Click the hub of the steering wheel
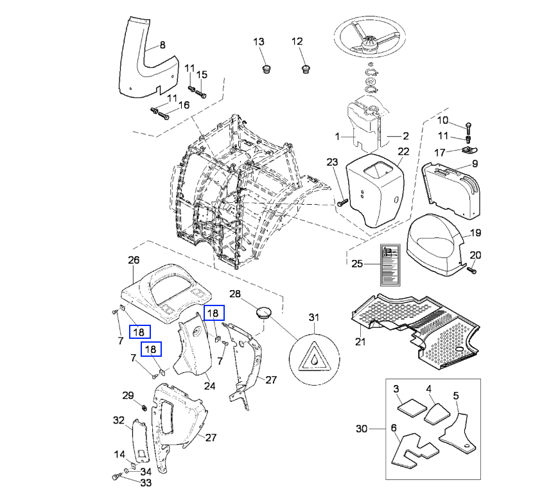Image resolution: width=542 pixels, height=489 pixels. (370, 44)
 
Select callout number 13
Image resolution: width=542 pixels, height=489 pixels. (259, 42)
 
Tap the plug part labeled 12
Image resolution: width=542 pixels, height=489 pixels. (305, 69)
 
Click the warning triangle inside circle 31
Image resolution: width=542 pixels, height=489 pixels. (314, 357)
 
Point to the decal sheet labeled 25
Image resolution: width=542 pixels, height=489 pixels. (390, 265)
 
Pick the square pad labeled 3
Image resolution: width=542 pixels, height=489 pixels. (412, 407)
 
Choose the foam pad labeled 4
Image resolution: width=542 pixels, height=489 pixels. (437, 414)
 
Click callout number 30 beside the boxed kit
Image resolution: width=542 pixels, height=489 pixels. (362, 429)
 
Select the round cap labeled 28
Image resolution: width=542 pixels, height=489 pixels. (264, 314)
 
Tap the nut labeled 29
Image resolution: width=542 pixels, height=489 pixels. (144, 407)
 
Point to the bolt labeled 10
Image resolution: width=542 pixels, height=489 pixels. (468, 128)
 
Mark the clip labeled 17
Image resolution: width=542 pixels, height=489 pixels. (469, 150)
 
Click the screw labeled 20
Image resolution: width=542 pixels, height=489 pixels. (471, 270)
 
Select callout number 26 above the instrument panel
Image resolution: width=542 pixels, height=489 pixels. (134, 260)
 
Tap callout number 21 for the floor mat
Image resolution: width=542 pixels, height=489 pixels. (360, 341)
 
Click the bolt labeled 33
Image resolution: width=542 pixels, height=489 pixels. (116, 477)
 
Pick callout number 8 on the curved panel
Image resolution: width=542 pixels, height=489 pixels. (162, 45)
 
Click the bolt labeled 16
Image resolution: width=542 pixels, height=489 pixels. (164, 116)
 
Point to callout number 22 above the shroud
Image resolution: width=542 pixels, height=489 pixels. (403, 151)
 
